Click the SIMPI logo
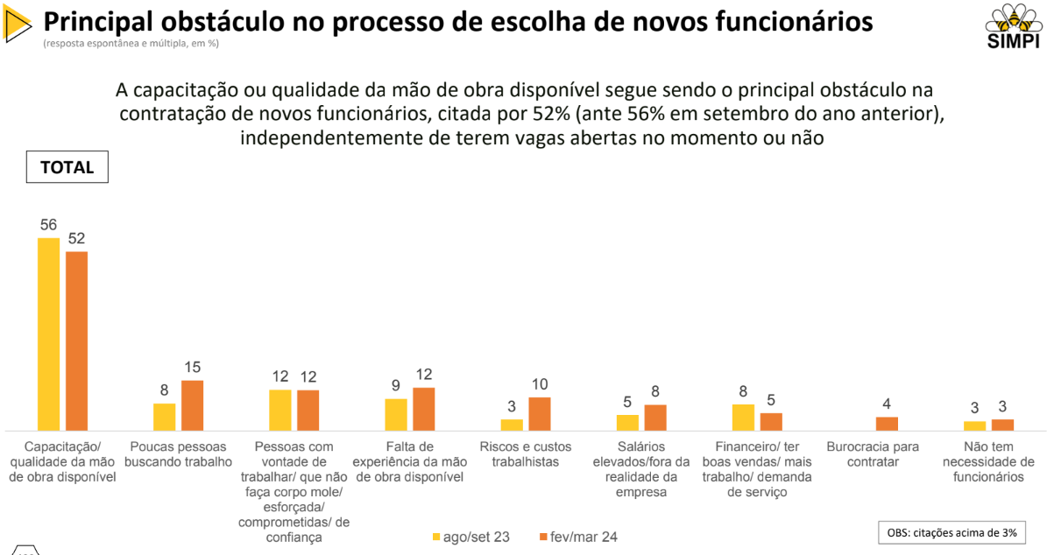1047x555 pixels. [1013, 25]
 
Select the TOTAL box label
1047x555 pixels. [67, 167]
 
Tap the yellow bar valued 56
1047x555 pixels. [48, 334]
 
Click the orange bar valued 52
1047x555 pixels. [77, 341]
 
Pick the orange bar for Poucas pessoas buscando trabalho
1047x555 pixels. [192, 405]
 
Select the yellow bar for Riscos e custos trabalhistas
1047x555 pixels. [512, 425]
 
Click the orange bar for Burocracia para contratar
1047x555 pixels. [887, 423]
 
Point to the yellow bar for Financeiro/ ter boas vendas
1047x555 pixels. [743, 417]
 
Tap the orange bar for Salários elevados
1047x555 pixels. [655, 417]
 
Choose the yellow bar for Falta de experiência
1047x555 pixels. [396, 414]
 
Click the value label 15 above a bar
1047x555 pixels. [192, 368]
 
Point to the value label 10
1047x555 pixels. [540, 384]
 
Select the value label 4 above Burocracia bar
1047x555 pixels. [887, 404]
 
